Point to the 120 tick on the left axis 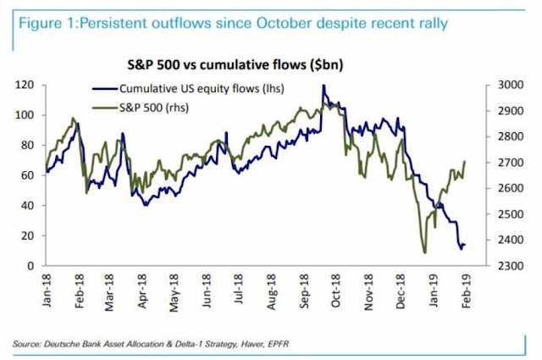(x=35, y=85)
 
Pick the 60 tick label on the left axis (x=37, y=175)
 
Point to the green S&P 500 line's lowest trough (x=423, y=252)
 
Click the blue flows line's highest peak (x=324, y=86)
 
